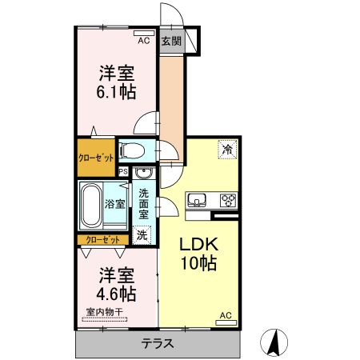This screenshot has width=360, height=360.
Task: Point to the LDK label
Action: click(x=197, y=244)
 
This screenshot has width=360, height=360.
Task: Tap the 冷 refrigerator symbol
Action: click(x=228, y=149)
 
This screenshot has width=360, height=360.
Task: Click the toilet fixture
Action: click(x=131, y=150)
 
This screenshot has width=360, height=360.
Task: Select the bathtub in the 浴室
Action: click(x=91, y=204)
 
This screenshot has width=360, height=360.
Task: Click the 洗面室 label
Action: click(x=143, y=203)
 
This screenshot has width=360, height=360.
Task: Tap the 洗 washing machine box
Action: click(x=142, y=235)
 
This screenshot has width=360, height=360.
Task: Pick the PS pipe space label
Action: click(x=123, y=171)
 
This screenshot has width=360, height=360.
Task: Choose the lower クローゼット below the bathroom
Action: click(x=102, y=240)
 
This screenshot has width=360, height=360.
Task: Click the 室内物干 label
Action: click(x=102, y=313)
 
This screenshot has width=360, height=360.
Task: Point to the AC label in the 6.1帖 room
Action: click(x=144, y=40)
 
